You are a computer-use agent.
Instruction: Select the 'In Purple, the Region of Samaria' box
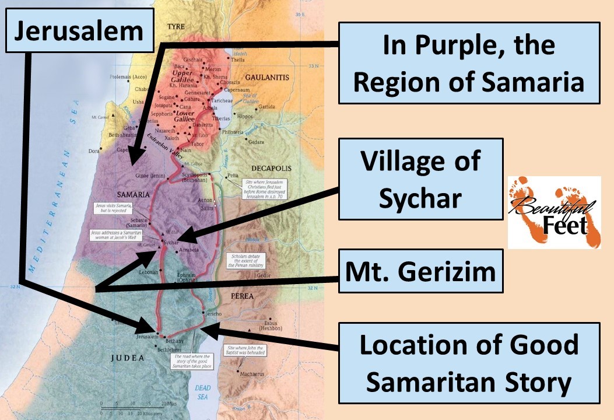tap(469, 63)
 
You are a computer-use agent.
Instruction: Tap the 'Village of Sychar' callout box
tap(420, 179)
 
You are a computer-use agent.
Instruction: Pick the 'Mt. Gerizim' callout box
tap(420, 271)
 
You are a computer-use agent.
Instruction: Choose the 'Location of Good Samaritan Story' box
tap(469, 363)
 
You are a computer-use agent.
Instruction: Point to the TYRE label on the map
tap(176, 27)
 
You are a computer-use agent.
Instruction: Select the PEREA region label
tap(242, 296)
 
